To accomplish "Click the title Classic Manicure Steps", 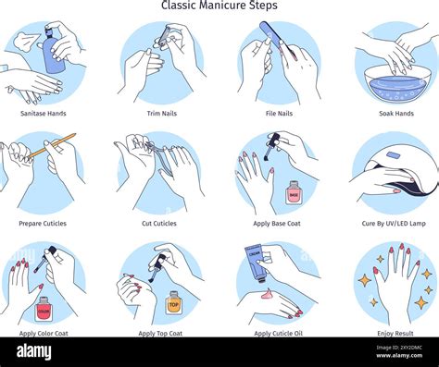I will coord(219,6).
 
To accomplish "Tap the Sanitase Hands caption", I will coord(43,114).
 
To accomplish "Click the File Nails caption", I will coord(278,114).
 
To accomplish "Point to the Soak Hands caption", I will coord(395,114).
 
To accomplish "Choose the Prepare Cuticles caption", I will coord(43,224).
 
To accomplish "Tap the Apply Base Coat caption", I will coord(278,224).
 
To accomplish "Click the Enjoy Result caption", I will coord(395,333).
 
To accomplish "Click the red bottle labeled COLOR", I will coord(43,308).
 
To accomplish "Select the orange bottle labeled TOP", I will coord(173,303).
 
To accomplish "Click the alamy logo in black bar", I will coord(33,351).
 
